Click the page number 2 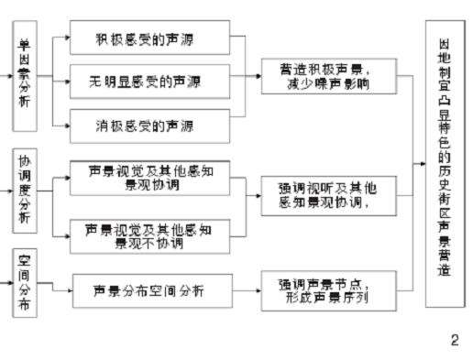click(x=454, y=340)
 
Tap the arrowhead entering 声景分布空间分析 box click(x=69, y=290)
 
